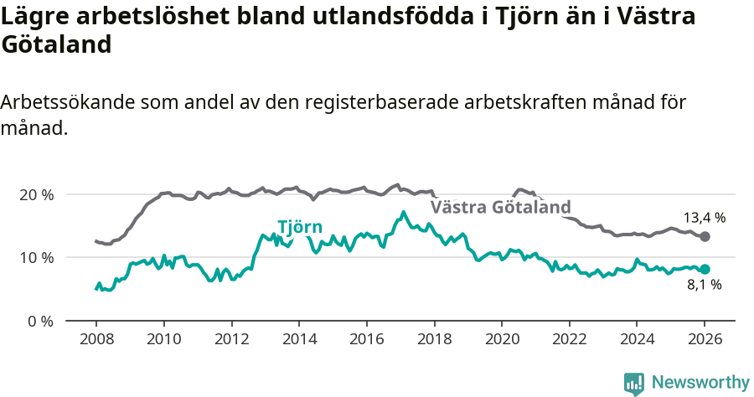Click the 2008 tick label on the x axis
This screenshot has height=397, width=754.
96,341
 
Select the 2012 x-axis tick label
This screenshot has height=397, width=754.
231,341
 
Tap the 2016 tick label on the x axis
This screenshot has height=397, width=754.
366,341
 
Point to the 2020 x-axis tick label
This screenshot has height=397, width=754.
501,341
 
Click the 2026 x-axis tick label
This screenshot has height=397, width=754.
705,341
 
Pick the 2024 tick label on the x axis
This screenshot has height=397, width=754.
637,341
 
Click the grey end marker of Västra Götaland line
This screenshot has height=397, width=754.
705,237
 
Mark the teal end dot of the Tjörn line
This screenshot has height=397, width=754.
705,269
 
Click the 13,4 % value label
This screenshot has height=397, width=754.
705,218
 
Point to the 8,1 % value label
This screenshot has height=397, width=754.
704,286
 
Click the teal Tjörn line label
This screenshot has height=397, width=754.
299,226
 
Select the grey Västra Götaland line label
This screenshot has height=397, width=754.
500,207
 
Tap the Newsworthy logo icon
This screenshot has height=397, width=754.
634,384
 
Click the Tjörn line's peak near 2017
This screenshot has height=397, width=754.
403,212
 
